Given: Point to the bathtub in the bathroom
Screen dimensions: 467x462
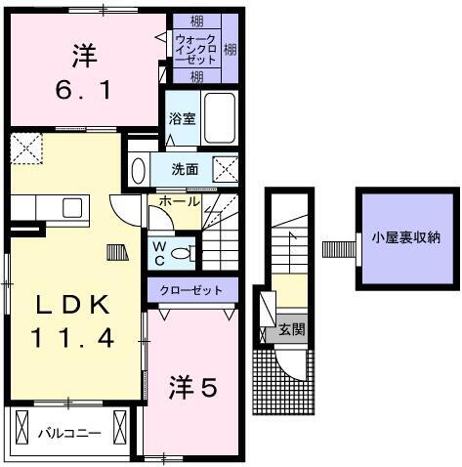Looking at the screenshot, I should [223, 115].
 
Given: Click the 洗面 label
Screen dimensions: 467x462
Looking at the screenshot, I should [185, 168].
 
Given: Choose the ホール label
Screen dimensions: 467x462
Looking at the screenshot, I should [181, 202].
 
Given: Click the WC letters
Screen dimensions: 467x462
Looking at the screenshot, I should [157, 253].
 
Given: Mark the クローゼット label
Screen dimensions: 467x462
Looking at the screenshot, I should [191, 290].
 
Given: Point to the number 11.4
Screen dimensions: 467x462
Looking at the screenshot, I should [73, 339].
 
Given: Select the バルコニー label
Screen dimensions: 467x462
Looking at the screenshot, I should [70, 432].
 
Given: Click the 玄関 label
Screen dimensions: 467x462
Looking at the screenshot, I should [290, 329].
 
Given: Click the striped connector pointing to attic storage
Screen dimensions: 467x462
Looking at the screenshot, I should [337, 247].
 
